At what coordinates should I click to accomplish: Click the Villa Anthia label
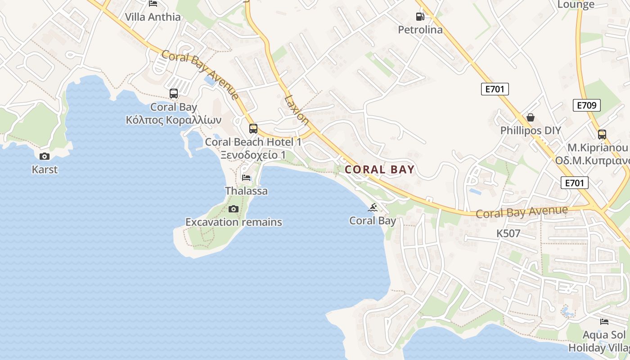[153, 17]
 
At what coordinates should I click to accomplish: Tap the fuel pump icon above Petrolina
[420, 17]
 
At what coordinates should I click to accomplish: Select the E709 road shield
[587, 106]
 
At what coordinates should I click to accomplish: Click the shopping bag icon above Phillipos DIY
[531, 117]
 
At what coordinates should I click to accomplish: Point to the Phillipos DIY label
[531, 130]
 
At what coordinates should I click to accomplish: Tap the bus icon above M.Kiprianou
[602, 134]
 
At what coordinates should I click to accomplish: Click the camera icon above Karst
[45, 156]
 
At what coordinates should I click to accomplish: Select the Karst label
[45, 170]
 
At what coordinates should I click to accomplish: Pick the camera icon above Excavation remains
[233, 209]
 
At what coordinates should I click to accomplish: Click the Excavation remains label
[234, 222]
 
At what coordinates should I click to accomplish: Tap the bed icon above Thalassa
[246, 178]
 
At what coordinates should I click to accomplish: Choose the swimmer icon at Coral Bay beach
[373, 207]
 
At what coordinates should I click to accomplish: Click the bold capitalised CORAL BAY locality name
[379, 170]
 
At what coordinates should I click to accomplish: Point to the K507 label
[508, 234]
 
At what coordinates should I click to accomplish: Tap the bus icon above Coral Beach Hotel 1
[253, 129]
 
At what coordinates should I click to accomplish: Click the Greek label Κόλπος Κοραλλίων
[173, 120]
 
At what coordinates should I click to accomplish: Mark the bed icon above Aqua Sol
[604, 322]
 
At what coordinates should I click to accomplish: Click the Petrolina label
[420, 30]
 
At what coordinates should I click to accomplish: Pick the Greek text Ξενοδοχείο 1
[253, 155]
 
